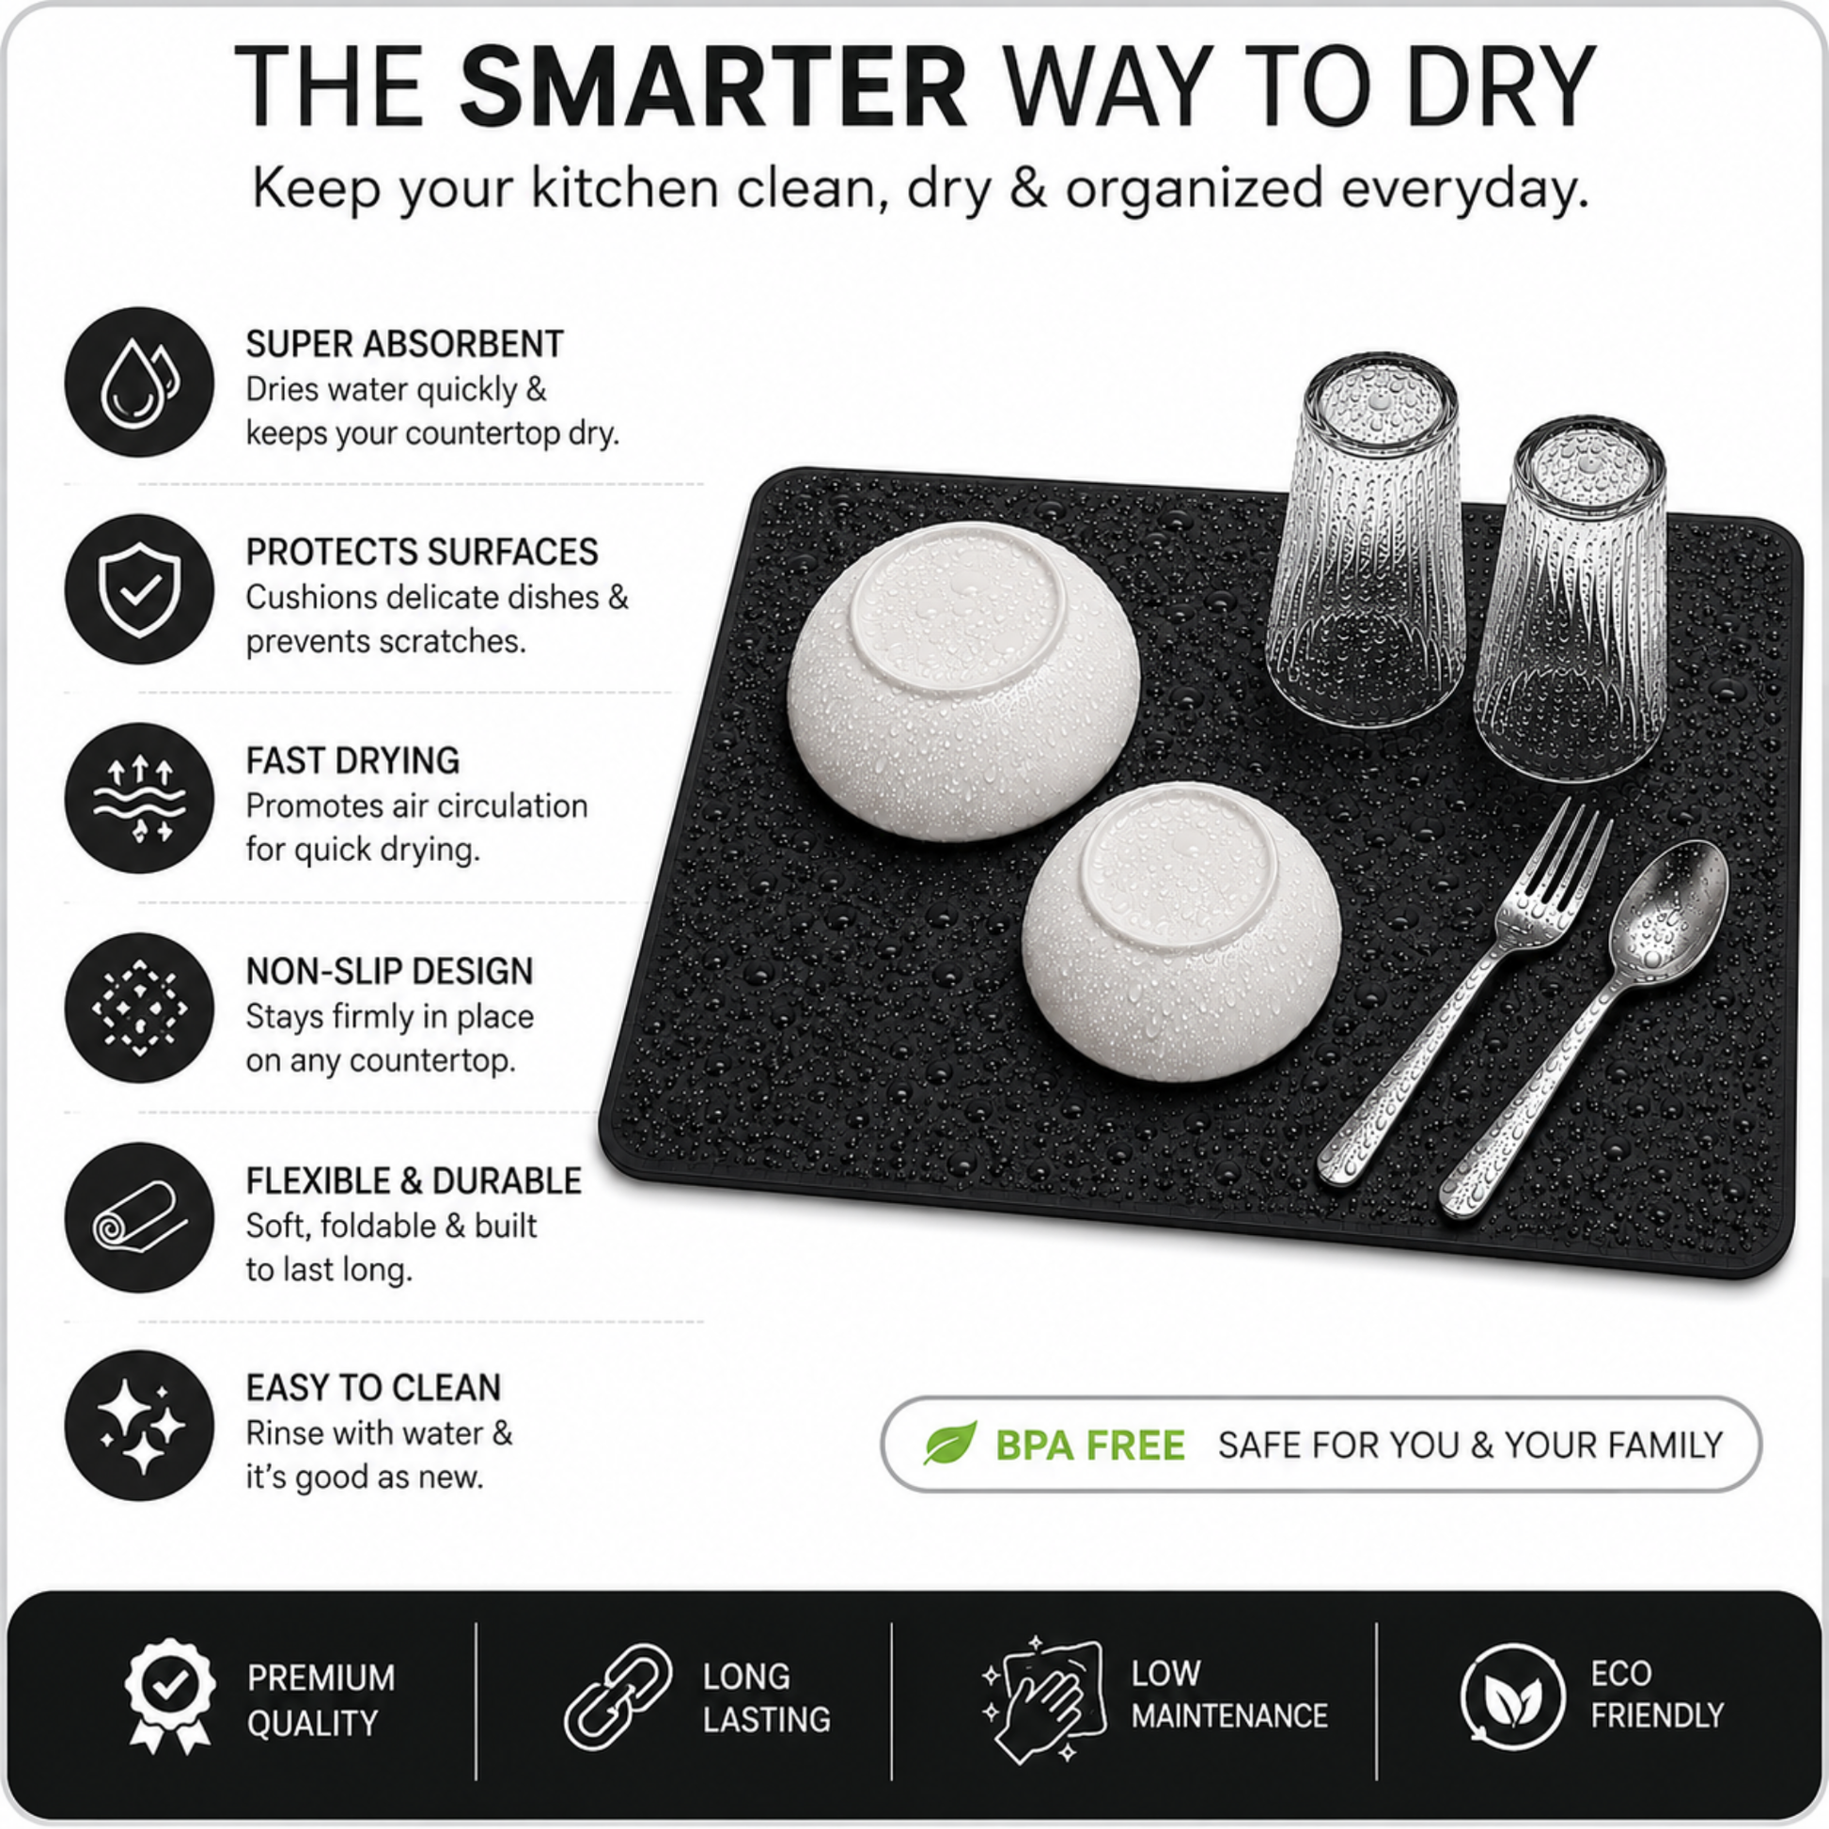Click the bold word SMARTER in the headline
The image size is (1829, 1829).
[x=712, y=87]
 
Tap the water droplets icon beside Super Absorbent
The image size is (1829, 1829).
[x=139, y=382]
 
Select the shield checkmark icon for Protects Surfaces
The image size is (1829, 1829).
[x=139, y=589]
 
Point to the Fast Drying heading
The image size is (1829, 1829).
[x=352, y=760]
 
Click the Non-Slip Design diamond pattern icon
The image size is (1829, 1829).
[x=139, y=1008]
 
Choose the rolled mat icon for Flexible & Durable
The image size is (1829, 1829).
[x=139, y=1217]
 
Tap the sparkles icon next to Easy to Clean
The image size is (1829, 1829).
[x=139, y=1426]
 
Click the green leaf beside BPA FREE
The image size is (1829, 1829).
[x=949, y=1443]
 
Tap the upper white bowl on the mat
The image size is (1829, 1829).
[x=963, y=681]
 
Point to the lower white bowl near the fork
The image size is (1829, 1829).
[x=1180, y=930]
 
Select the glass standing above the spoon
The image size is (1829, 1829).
[x=1572, y=599]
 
